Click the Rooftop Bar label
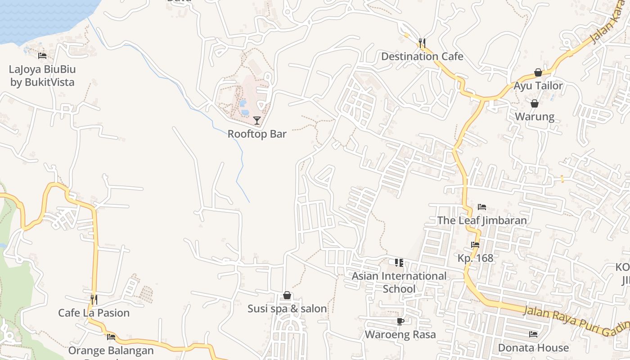click(x=257, y=134)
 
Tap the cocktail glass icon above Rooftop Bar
click(x=257, y=120)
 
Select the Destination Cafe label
click(x=422, y=57)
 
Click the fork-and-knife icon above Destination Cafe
click(x=422, y=43)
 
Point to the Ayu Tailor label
click(x=538, y=86)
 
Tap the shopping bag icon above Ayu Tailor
click(x=538, y=72)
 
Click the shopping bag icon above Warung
click(x=535, y=103)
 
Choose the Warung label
click(x=535, y=117)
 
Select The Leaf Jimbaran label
click(x=482, y=220)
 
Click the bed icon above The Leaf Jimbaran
click(x=482, y=207)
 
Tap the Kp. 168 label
click(x=475, y=258)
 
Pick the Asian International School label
click(x=399, y=282)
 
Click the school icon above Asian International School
click(x=399, y=262)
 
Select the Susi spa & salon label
click(x=287, y=309)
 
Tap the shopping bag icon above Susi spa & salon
click(x=287, y=295)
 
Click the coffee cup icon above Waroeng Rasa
click(x=400, y=321)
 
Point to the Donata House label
click(x=533, y=348)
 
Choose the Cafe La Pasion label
click(x=94, y=313)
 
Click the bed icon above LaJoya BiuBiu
click(x=42, y=56)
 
